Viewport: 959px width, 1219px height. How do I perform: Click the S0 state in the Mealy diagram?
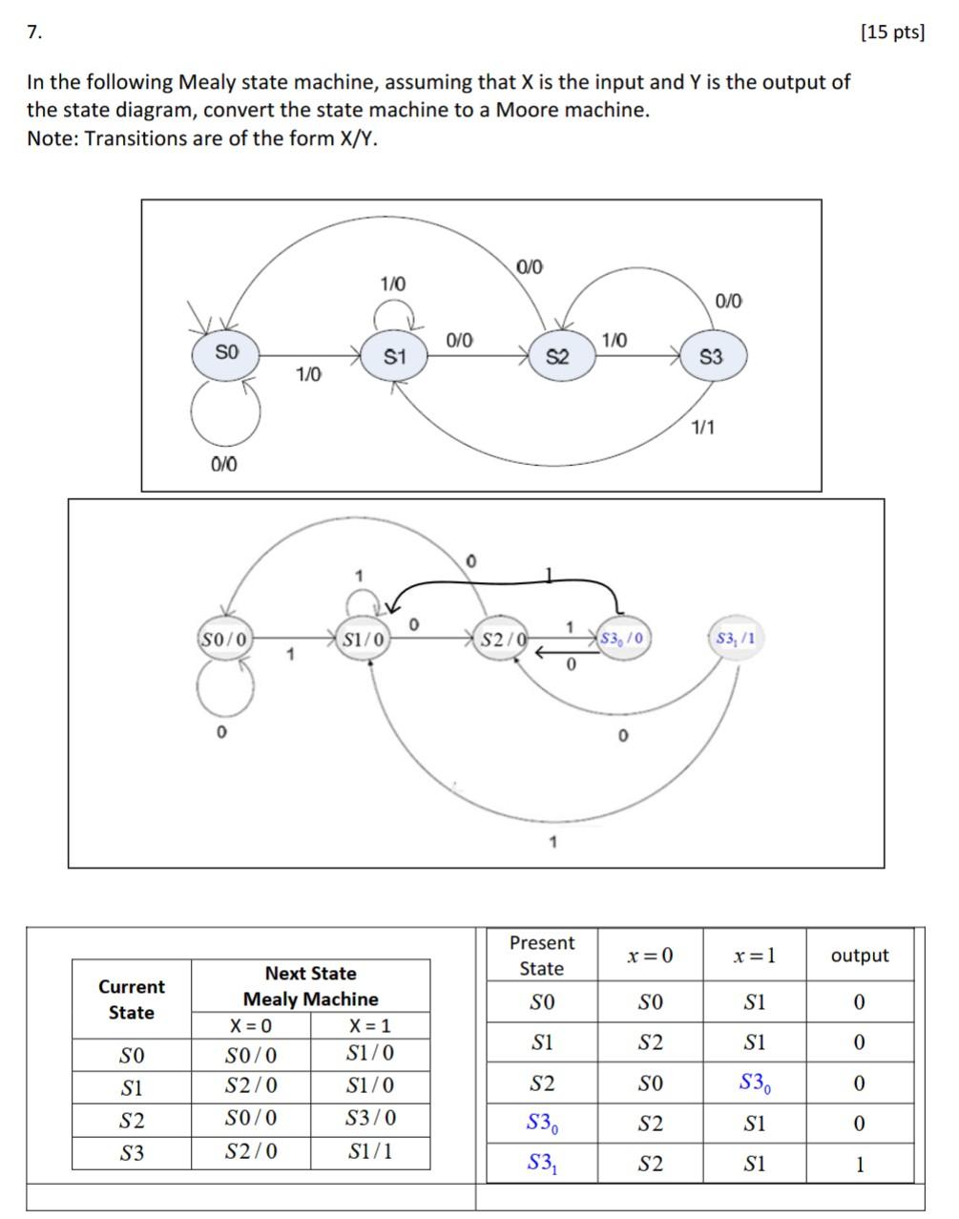tap(226, 353)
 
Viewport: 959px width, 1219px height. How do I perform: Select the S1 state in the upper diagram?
tap(395, 357)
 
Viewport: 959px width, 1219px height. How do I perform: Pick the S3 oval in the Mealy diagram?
tap(711, 357)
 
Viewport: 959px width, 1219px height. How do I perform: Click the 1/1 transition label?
tap(702, 427)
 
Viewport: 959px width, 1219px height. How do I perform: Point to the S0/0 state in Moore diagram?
tap(224, 639)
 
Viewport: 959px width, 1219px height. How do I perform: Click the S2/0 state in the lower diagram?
tap(502, 639)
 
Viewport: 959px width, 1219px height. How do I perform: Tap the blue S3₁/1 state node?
tap(736, 638)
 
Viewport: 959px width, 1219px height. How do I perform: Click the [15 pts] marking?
tap(892, 32)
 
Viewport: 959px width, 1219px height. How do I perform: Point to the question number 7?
tap(34, 32)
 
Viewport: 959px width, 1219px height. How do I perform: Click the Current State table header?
tap(132, 999)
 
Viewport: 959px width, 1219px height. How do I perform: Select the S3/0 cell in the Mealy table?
tap(370, 1118)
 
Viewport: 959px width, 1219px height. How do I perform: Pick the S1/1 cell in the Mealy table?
tap(370, 1151)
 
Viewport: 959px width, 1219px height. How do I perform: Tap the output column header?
tap(859, 956)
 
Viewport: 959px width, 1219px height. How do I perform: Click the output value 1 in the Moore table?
tap(859, 1165)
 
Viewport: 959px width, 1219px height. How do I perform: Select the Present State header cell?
tap(541, 956)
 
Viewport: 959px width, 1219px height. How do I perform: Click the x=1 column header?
tap(754, 956)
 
